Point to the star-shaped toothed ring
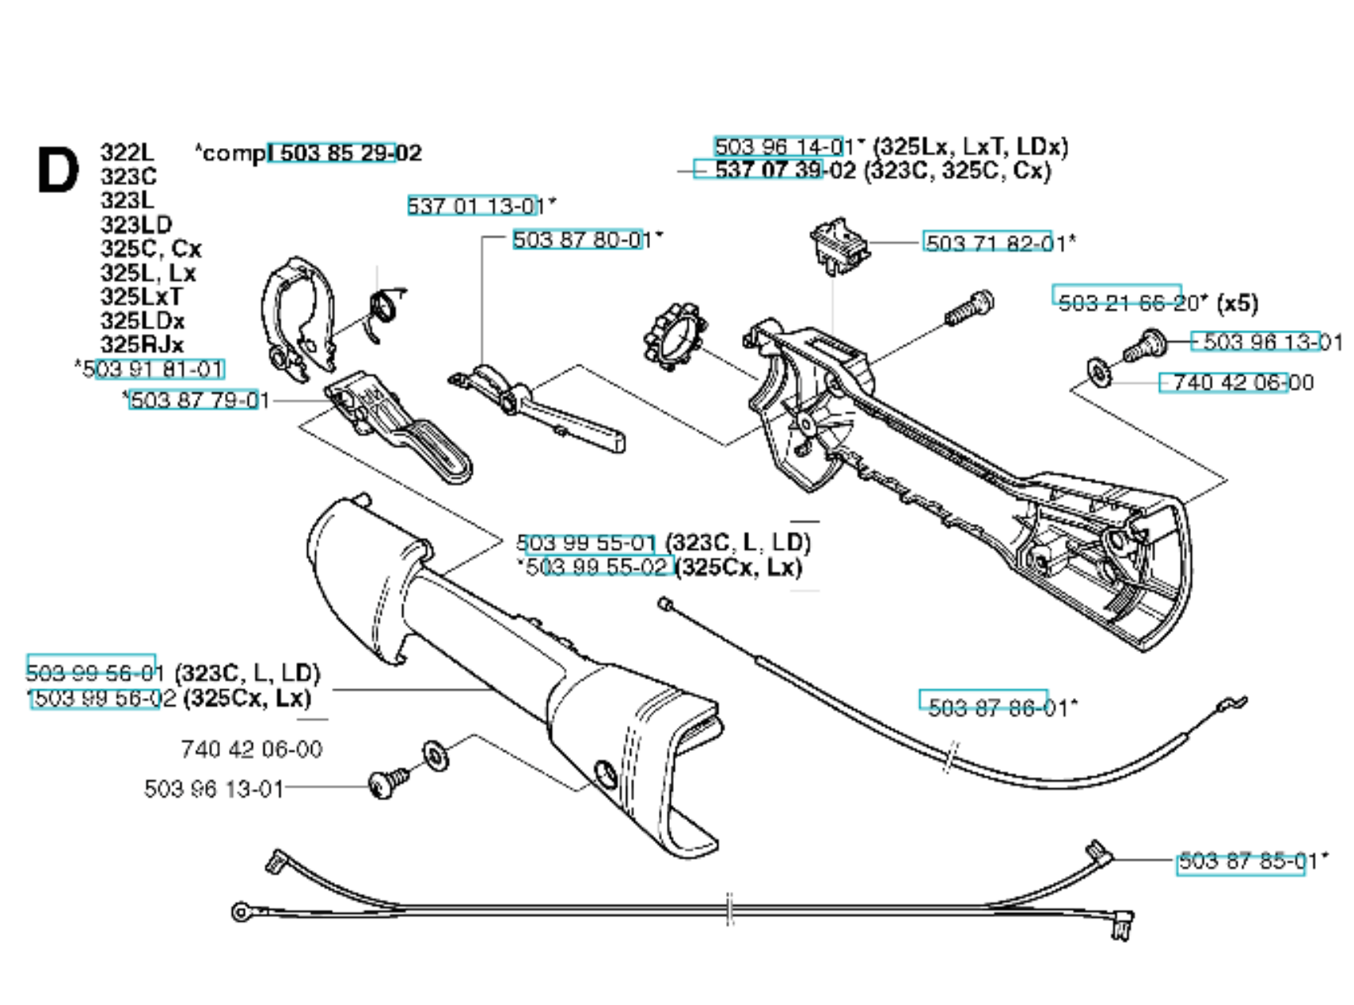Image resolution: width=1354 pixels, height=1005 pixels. click(675, 336)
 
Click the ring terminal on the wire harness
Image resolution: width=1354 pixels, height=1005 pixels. click(240, 912)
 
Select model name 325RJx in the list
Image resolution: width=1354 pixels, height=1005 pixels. click(142, 345)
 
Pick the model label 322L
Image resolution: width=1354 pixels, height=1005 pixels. click(127, 152)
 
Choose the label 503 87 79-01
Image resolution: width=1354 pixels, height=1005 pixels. click(197, 400)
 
